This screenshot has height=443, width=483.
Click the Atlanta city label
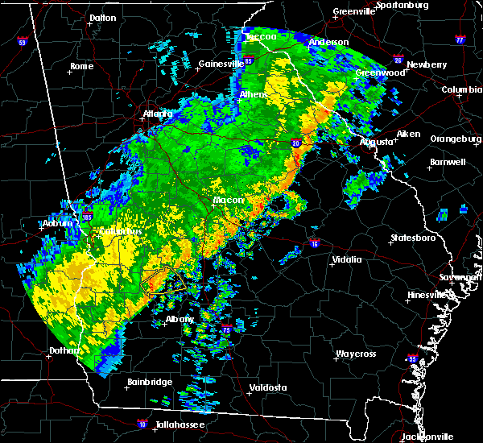[157, 114]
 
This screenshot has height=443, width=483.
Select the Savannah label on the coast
[466, 277]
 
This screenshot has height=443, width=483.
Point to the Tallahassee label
[171, 424]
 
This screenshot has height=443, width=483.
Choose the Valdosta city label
[268, 387]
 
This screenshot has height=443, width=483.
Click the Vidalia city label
[347, 259]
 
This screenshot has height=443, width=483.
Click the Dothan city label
[64, 350]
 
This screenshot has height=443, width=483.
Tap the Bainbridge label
[149, 382]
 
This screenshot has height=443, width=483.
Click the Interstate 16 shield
[314, 242]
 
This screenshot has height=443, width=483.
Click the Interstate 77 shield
[460, 38]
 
